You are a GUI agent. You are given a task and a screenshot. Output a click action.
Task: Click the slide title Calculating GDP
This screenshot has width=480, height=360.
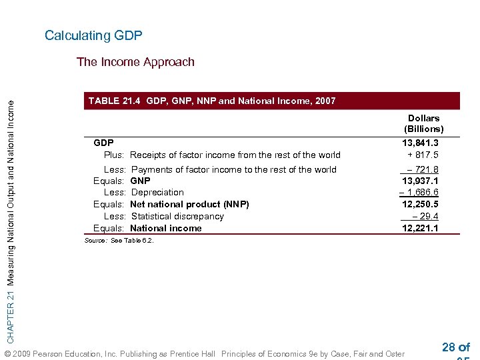93,35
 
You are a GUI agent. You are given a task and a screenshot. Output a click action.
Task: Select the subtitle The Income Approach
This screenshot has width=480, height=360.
135,62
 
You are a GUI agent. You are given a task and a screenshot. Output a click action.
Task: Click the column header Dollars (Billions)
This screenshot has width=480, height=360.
423,123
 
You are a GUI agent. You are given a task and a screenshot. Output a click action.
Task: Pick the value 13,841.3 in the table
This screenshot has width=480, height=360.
420,143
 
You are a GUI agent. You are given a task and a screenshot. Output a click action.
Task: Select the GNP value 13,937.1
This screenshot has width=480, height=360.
420,181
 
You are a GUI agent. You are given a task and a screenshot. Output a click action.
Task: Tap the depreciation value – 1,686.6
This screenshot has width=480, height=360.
419,193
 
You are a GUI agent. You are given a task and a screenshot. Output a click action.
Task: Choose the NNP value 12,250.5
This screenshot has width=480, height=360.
420,204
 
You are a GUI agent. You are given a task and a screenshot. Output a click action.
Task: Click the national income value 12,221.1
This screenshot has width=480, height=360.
420,228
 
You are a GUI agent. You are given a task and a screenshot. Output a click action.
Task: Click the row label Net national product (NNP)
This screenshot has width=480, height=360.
189,204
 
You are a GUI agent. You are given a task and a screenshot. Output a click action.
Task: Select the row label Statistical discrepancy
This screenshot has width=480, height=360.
177,216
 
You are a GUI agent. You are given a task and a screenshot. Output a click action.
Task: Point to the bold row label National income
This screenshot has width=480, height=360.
166,228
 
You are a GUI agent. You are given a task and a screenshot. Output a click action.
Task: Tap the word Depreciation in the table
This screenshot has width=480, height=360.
157,193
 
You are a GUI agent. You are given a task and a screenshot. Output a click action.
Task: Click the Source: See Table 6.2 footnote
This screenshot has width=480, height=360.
119,241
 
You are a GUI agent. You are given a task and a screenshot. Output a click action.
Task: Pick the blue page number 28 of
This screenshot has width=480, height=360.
456,347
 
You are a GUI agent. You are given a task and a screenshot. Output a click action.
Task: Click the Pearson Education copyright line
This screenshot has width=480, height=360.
204,353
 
